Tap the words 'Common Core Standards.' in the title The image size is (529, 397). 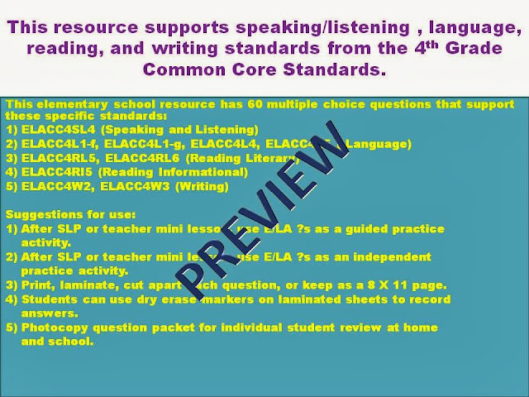264,69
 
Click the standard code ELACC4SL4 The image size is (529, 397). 52,130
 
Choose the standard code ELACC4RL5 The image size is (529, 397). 52,159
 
